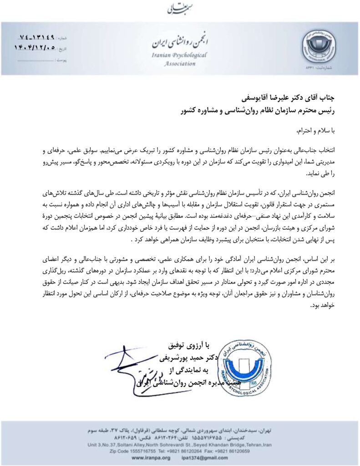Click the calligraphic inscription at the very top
180,8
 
